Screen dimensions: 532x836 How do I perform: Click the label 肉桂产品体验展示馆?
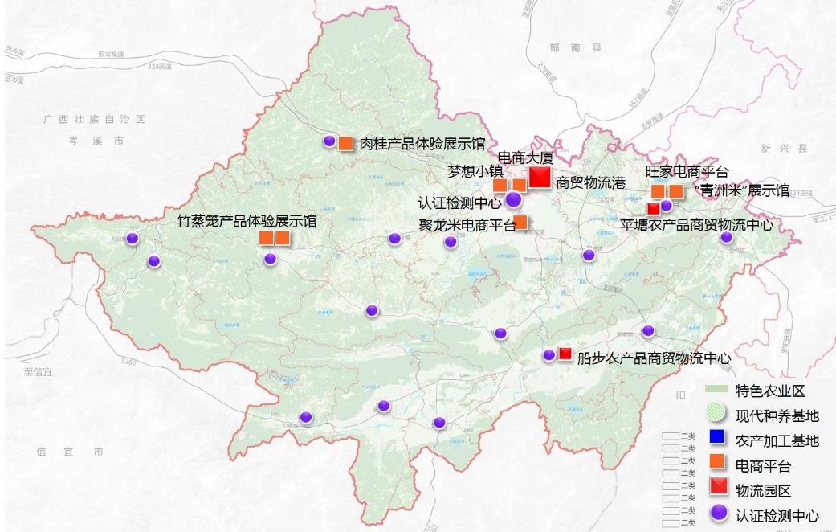point(422,144)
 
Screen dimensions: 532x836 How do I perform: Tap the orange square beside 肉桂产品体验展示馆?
point(345,143)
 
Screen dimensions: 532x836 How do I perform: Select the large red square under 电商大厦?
point(540,177)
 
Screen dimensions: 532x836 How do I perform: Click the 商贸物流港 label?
point(590,182)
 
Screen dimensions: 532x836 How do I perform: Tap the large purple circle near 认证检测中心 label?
point(514,199)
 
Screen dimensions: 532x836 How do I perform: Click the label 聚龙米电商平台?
point(467,225)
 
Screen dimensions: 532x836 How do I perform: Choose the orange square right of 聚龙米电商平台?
point(520,222)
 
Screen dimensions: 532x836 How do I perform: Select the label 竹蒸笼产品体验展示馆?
point(247,220)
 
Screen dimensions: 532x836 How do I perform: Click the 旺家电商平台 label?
point(687,172)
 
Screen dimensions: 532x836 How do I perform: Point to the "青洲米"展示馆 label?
point(740,190)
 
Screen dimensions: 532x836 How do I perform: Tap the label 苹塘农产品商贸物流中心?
point(697,225)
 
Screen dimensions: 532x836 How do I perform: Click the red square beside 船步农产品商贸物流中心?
point(565,353)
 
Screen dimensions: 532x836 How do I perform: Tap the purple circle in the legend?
point(718,513)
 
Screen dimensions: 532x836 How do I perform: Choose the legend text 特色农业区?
point(769,391)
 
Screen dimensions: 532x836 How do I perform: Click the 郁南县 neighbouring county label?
point(575,48)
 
